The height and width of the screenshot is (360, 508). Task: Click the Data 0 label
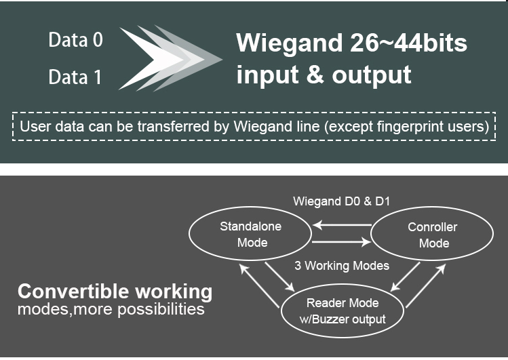75,41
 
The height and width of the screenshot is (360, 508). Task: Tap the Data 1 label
75,78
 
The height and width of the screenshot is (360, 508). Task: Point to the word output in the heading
372,75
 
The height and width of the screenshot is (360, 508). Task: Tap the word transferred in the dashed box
193,126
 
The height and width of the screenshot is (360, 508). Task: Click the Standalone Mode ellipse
250,234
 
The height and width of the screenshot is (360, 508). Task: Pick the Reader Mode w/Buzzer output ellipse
343,311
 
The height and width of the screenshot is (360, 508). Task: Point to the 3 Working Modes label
342,265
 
